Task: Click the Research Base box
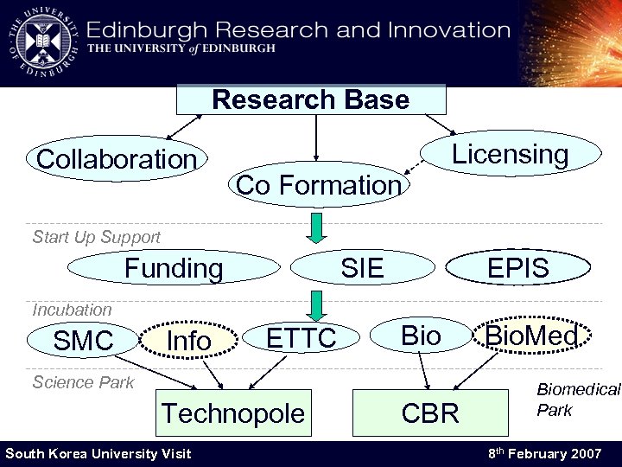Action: click(x=311, y=99)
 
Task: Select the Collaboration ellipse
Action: click(x=117, y=159)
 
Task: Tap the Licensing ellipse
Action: click(x=511, y=154)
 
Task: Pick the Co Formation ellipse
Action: click(x=319, y=184)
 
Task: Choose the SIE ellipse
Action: click(x=362, y=268)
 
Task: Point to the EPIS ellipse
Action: click(x=517, y=268)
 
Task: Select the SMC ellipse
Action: click(x=83, y=341)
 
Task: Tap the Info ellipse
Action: click(x=188, y=341)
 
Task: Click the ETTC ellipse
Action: click(x=301, y=338)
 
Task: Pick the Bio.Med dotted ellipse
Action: click(x=531, y=336)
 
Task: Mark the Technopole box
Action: click(x=232, y=413)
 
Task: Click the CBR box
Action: click(x=430, y=413)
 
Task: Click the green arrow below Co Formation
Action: click(x=318, y=228)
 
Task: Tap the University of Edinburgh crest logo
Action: click(x=43, y=41)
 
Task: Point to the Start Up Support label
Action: click(x=96, y=237)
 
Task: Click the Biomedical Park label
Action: click(x=577, y=400)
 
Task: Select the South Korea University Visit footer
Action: click(x=98, y=453)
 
